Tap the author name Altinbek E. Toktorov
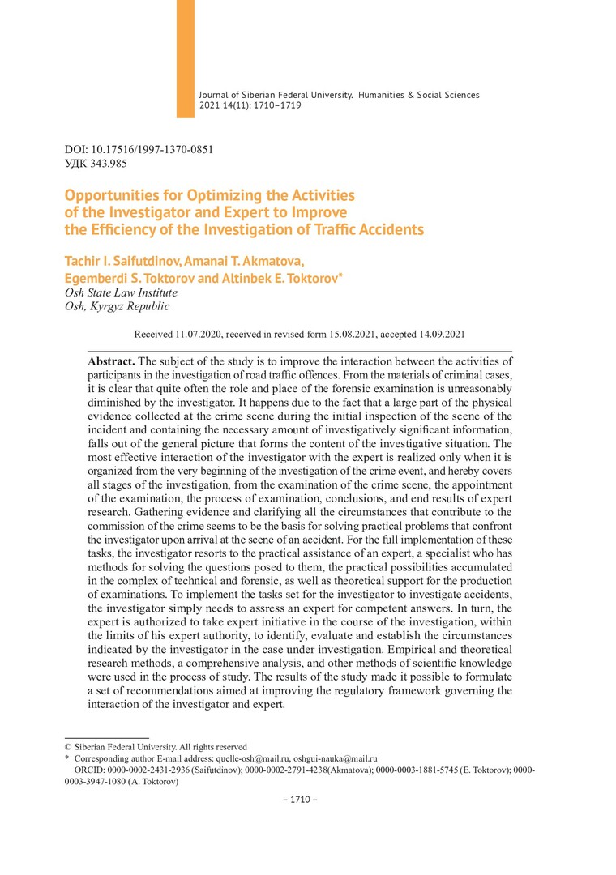282,277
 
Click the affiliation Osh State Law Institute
121,292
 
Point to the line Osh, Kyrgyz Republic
117,306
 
